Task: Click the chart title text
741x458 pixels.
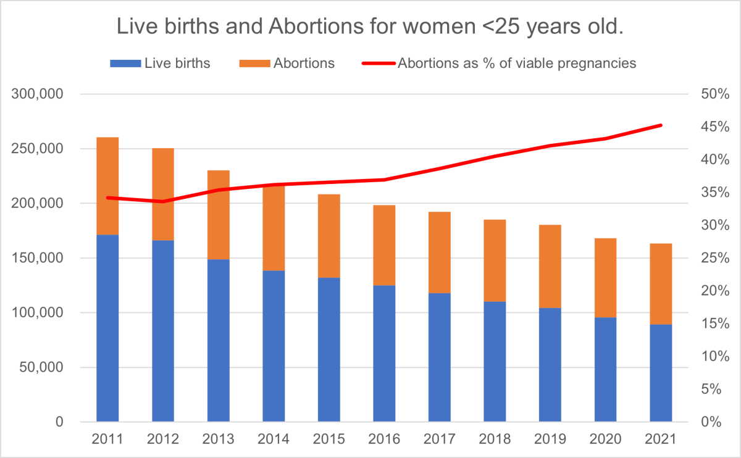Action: point(370,27)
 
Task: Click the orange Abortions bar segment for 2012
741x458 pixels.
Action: point(163,194)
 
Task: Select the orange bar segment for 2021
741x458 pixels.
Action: point(661,284)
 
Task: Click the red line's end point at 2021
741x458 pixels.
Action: point(661,125)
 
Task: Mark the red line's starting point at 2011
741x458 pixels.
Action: point(107,198)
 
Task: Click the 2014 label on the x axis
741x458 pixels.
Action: point(274,439)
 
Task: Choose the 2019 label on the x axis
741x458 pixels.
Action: point(550,439)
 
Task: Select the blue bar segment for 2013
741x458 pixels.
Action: point(218,340)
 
